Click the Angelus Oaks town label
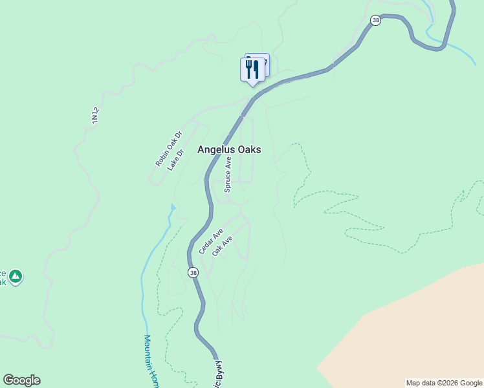point(229,149)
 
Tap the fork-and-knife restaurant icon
point(252,69)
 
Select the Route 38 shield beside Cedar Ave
point(193,273)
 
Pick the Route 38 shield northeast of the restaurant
point(376,21)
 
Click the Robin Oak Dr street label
point(169,149)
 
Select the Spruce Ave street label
point(228,174)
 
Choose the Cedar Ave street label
point(211,241)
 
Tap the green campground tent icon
point(16,277)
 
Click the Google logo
point(21,380)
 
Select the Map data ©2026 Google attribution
point(444,383)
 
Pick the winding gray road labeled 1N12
point(78,162)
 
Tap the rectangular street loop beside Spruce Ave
point(247,149)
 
